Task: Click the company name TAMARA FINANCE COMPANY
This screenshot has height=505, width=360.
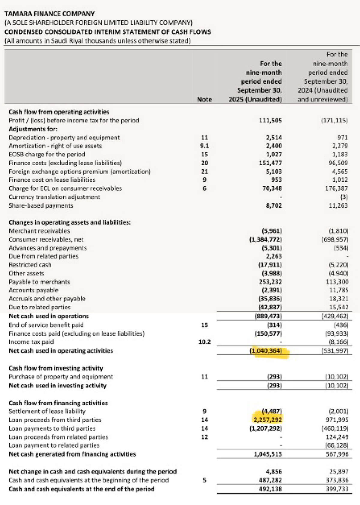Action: [x=49, y=14]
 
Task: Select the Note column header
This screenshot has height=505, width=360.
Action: [x=204, y=99]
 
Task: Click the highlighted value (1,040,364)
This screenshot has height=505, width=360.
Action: [x=266, y=350]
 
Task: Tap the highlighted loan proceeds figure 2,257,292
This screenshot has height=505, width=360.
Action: [x=266, y=420]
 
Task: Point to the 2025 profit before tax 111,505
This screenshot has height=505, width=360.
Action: [x=270, y=120]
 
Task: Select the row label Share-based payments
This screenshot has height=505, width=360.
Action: [x=41, y=206]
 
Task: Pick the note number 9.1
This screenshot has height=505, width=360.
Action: [x=204, y=146]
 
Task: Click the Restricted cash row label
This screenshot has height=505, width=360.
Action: [x=30, y=265]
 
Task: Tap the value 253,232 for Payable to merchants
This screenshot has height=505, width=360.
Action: [x=270, y=282]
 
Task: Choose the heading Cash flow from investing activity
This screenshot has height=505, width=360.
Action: [x=56, y=368]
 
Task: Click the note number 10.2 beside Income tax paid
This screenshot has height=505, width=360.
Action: [x=204, y=342]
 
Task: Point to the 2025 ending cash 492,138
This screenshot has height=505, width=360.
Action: [x=270, y=489]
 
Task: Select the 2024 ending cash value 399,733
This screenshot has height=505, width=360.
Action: [x=337, y=489]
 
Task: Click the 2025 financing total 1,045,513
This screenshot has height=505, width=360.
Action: [x=268, y=454]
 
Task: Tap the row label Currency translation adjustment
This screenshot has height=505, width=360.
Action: [x=54, y=197]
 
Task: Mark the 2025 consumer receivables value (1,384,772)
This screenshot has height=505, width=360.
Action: [x=266, y=239]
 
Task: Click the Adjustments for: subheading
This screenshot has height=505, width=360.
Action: [x=33, y=129]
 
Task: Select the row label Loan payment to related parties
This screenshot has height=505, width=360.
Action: [x=54, y=445]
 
